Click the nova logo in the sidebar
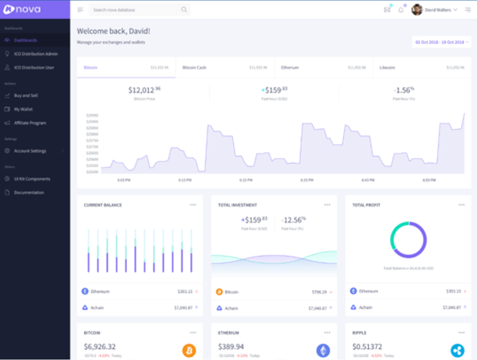22,9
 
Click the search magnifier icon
184,10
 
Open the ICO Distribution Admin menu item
36,54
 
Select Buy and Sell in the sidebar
26,95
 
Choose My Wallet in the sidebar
23,109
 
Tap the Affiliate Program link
30,123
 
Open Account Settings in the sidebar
30,151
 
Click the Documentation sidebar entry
29,193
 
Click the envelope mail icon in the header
387,10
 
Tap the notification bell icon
401,10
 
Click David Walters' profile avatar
417,10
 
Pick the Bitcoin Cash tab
194,68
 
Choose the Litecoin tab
387,68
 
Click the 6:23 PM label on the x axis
246,180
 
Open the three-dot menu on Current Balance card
193,205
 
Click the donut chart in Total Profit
409,240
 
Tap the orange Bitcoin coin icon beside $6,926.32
189,351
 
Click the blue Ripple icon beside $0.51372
457,351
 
